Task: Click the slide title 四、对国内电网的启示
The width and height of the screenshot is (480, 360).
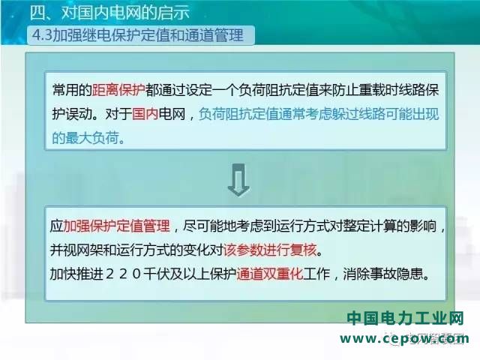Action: [110, 13]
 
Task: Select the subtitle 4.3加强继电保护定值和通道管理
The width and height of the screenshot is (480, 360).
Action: [138, 35]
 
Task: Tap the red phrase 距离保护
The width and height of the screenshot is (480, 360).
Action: [118, 90]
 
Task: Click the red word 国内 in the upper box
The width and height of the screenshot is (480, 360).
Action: [145, 114]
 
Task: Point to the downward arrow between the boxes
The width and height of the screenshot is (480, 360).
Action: [238, 180]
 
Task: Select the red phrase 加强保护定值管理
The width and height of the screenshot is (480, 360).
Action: [116, 226]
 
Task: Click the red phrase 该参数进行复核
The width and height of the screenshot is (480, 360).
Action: [270, 250]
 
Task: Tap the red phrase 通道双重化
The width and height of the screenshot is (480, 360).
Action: [270, 274]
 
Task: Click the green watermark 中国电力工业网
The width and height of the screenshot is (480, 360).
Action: [406, 318]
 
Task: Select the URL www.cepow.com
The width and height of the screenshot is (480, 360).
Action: [404, 339]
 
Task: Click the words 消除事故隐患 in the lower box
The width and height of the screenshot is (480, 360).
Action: [382, 274]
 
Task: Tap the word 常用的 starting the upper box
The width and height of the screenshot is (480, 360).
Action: [72, 90]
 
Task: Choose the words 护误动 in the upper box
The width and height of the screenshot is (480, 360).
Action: [72, 114]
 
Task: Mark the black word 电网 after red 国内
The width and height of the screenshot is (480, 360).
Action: [172, 114]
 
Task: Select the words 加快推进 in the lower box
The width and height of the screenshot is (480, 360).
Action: [76, 274]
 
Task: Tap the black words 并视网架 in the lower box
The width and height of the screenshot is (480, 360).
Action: [76, 250]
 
